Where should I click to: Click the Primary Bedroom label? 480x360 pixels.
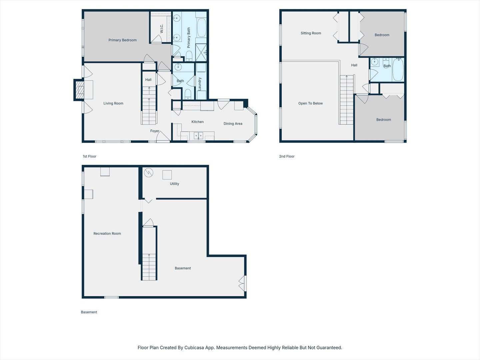[122, 40]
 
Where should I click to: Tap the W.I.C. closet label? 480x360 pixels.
[161, 29]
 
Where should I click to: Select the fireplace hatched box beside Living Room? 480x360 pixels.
[80, 90]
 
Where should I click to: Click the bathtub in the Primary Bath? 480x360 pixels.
[201, 28]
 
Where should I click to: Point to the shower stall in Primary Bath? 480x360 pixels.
[201, 52]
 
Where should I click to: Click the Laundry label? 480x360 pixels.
[199, 84]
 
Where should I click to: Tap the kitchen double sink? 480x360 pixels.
[198, 136]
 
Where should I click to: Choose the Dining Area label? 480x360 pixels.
[233, 123]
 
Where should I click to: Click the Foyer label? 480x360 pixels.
[155, 131]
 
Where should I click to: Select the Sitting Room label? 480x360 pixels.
[311, 33]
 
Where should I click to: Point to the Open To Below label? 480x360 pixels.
[311, 103]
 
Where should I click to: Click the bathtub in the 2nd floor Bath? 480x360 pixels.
[398, 70]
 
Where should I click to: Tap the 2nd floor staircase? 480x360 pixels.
[347, 100]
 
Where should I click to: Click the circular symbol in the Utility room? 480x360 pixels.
[148, 173]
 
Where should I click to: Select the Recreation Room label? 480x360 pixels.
[107, 233]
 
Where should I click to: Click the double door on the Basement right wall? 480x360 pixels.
[242, 283]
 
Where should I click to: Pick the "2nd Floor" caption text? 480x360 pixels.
[287, 156]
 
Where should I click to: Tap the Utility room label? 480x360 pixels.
[175, 184]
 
